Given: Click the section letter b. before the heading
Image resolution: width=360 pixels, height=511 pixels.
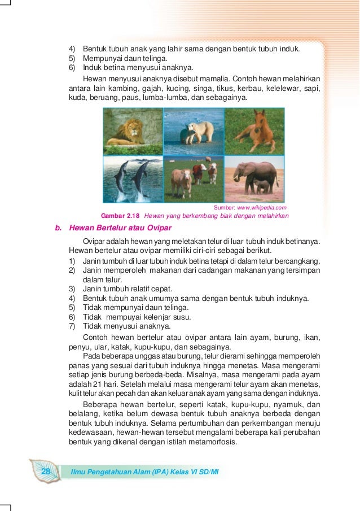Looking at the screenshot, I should tap(58, 229).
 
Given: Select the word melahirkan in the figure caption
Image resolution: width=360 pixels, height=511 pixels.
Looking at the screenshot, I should tap(271, 216).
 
